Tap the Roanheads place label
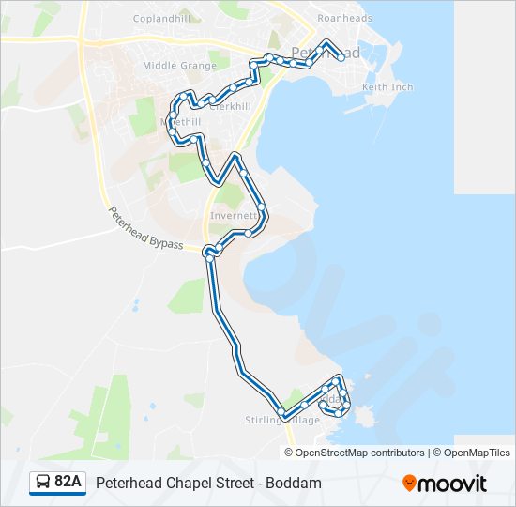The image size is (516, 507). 344,18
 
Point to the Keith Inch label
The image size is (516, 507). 387,87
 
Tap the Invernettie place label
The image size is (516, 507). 234,214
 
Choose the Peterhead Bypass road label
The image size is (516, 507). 144,227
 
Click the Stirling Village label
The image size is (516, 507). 282,420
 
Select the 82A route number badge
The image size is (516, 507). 68,483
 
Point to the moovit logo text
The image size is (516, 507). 453,484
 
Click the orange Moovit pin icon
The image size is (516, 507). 410,484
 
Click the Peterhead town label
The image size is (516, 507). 325,54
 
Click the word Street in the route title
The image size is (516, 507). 236,483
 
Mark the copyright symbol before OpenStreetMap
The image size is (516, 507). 290,453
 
